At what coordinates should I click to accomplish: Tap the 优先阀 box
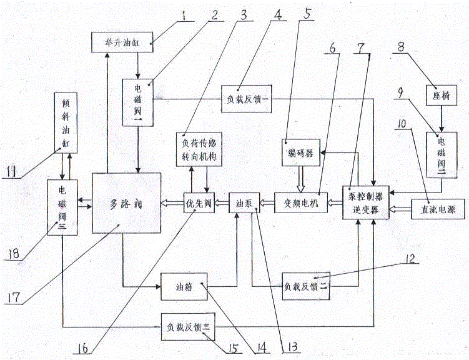[x=199, y=203]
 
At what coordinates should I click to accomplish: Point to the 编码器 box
[x=301, y=152]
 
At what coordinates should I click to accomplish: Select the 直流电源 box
[x=434, y=208]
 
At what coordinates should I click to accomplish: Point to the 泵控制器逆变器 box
[x=365, y=202]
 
